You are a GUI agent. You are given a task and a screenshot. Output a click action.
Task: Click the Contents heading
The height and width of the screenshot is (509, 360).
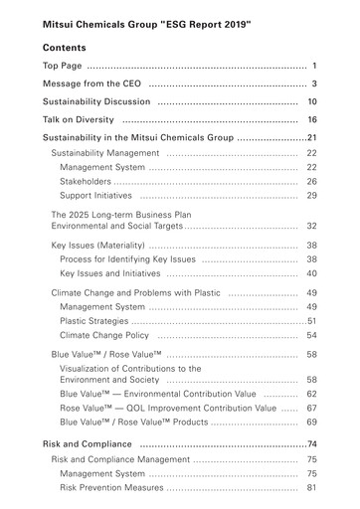(65, 48)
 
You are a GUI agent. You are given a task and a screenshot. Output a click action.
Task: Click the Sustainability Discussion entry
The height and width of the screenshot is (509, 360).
(96, 101)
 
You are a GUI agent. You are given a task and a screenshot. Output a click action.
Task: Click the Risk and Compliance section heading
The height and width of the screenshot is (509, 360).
(88, 443)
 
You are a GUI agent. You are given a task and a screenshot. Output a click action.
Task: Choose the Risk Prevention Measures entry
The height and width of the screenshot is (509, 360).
(118, 488)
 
